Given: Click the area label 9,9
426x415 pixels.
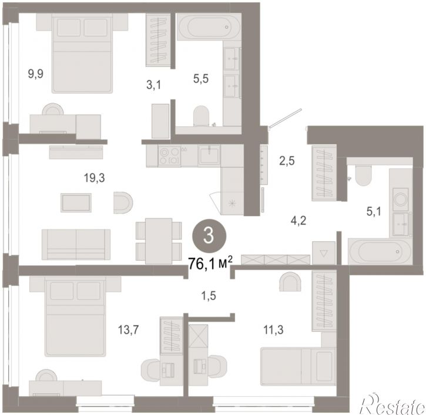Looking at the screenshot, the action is click(36, 74).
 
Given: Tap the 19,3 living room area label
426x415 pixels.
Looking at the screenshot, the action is click(94, 178).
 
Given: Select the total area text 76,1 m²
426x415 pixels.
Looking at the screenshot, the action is click(210, 264).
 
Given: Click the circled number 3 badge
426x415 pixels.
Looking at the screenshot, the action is click(209, 236).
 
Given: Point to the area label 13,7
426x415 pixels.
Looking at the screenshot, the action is click(128, 330).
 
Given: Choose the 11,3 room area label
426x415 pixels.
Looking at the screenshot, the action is click(273, 330).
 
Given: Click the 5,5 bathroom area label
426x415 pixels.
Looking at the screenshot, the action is click(201, 79).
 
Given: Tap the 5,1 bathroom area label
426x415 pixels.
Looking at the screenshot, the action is click(374, 211).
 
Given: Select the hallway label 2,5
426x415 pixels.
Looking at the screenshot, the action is click(287, 161).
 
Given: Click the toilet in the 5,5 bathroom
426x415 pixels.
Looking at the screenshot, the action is click(201, 116).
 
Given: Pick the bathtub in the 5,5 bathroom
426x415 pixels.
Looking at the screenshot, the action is click(209, 27).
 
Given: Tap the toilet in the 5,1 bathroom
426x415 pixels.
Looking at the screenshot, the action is click(363, 176).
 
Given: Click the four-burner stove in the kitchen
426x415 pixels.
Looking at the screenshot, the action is click(169, 156).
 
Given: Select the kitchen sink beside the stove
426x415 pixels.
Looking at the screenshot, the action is click(209, 155).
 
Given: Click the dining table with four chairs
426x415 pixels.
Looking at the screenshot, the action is click(159, 241).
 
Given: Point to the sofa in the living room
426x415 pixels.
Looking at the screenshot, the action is click(76, 244).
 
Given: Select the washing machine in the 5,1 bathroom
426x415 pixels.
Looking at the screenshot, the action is click(401, 200).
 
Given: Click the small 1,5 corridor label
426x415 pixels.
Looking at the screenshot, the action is click(209, 296).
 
